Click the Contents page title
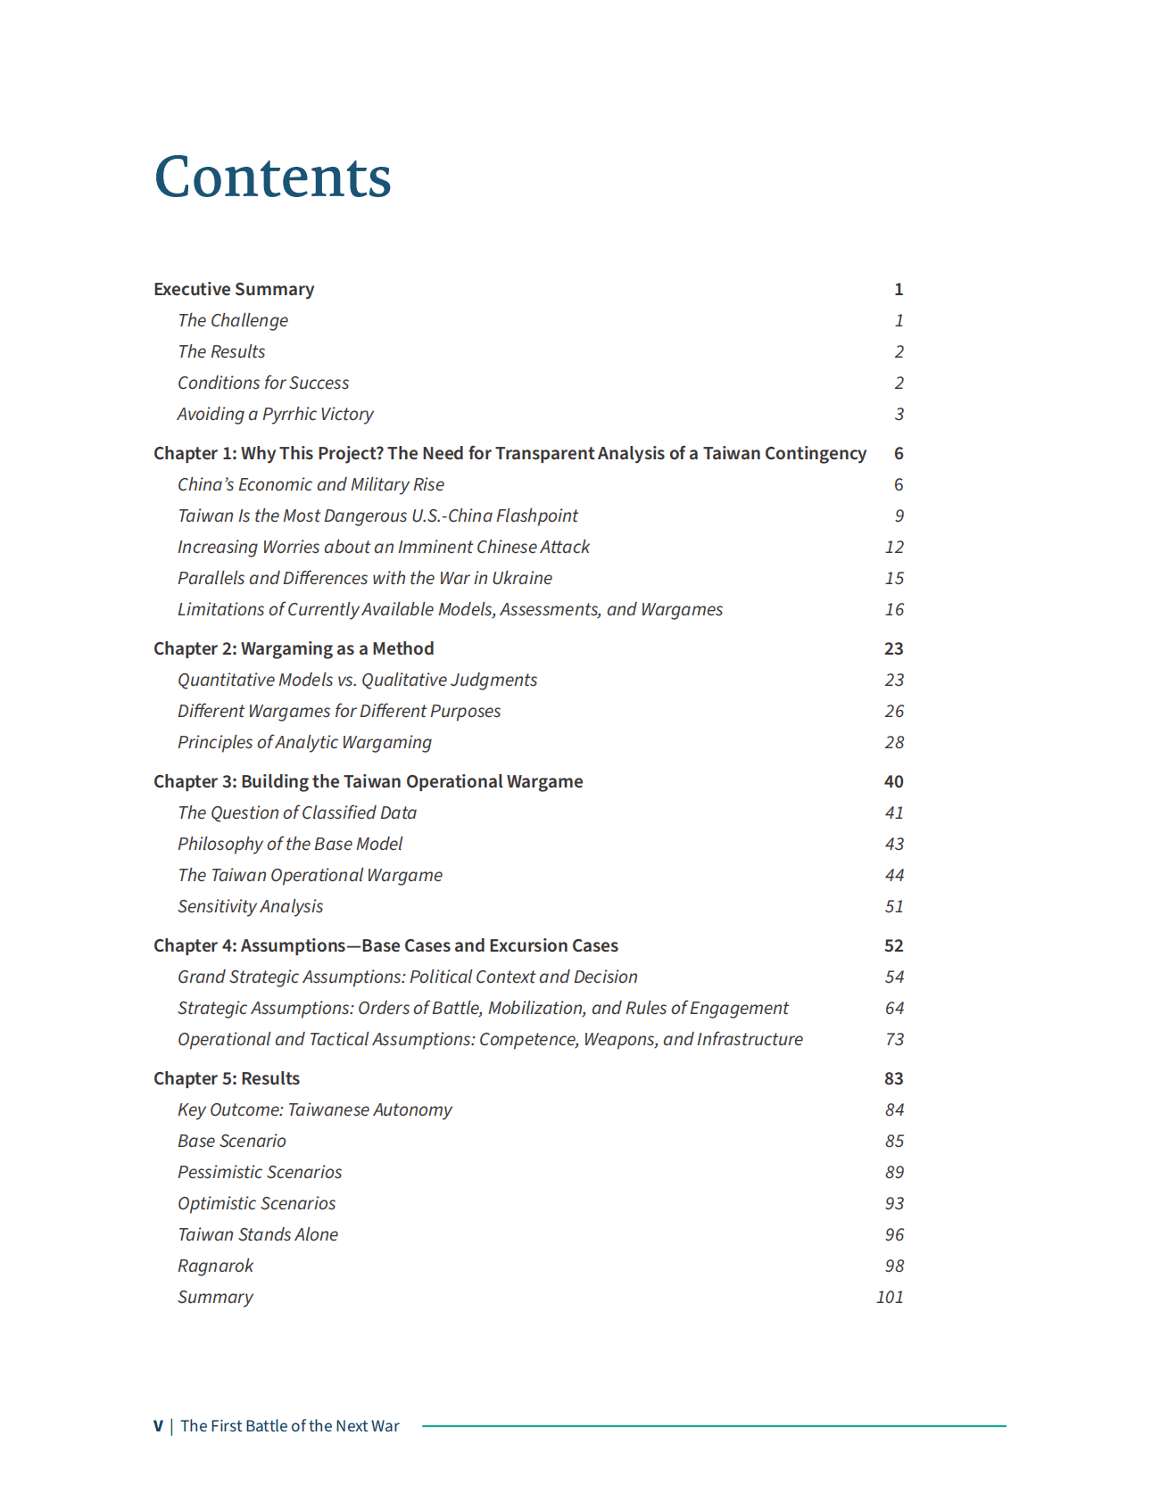click(x=272, y=177)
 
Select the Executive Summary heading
click(x=234, y=289)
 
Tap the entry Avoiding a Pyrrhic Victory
click(x=275, y=414)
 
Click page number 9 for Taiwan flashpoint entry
click(x=899, y=515)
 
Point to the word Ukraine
click(x=522, y=578)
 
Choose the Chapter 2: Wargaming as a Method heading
click(x=294, y=648)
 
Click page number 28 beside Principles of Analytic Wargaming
click(x=894, y=742)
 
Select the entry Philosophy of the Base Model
click(x=290, y=844)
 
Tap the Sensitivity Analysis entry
click(x=250, y=906)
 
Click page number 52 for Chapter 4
click(x=893, y=945)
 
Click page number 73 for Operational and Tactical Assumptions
click(x=894, y=1039)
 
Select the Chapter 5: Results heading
click(x=227, y=1078)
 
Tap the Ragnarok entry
click(x=215, y=1266)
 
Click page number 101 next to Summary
click(x=890, y=1297)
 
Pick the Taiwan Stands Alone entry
click(x=258, y=1234)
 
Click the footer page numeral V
click(x=158, y=1426)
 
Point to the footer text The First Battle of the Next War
click(x=290, y=1426)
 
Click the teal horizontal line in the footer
click(x=714, y=1426)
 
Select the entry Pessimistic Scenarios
click(x=260, y=1172)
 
